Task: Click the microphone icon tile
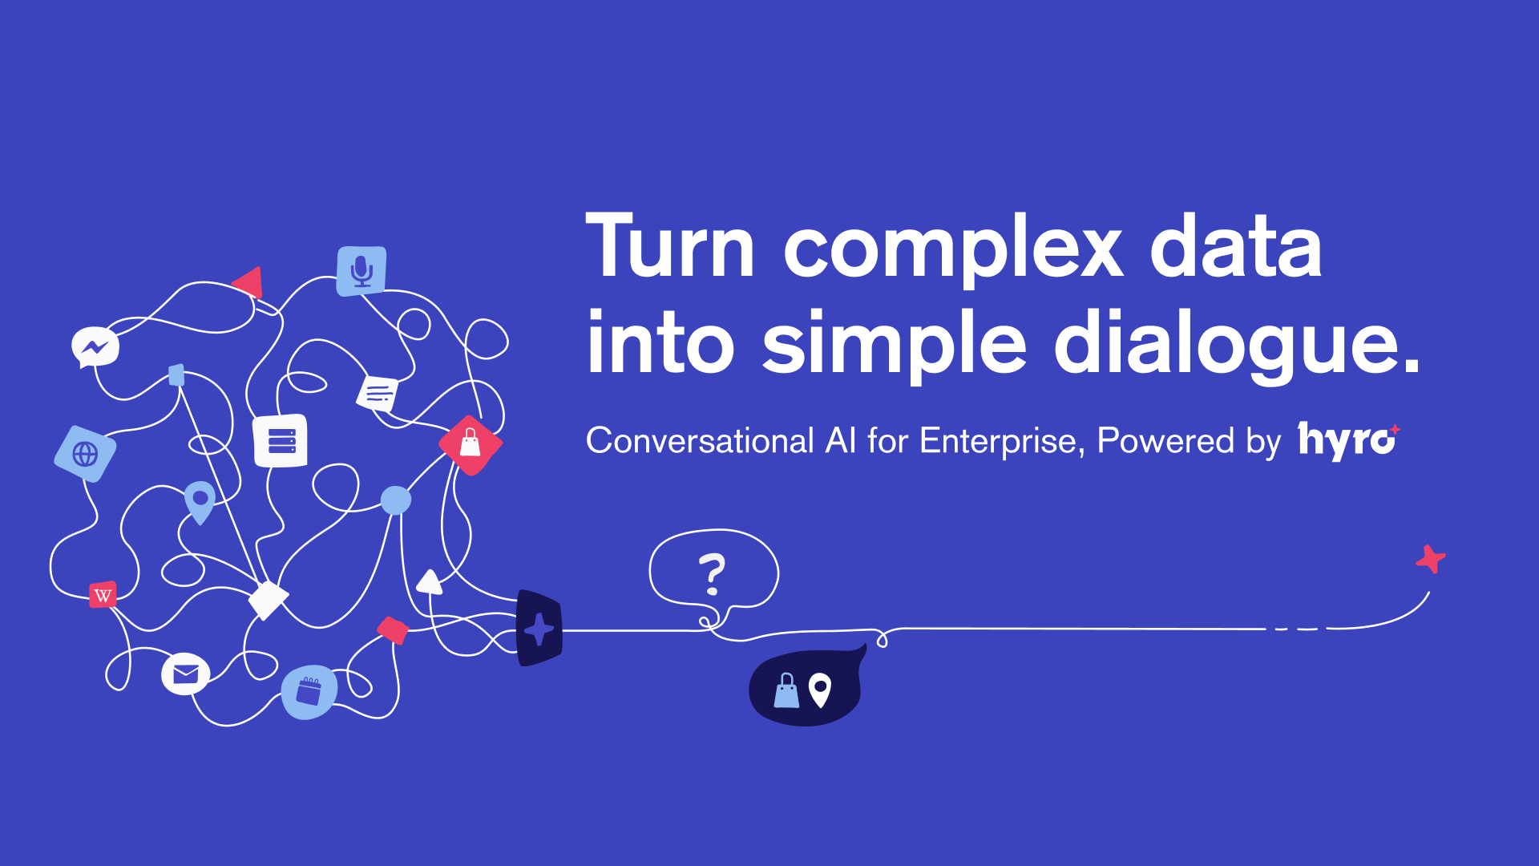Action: coord(362,271)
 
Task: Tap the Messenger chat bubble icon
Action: coord(95,347)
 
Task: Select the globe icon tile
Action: coord(85,454)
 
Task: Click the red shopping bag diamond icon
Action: coord(471,444)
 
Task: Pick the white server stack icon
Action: coord(281,440)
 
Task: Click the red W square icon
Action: coord(103,595)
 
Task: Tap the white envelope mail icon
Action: coord(186,674)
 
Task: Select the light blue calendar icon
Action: coord(309,691)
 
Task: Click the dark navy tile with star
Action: coord(539,629)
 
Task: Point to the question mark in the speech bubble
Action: coord(712,574)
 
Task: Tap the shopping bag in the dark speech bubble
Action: coord(786,690)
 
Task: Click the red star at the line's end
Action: coord(1431,559)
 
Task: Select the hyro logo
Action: coord(1349,440)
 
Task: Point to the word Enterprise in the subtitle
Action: coord(998,441)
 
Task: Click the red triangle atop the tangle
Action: coord(248,281)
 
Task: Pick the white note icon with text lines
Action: coord(378,393)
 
